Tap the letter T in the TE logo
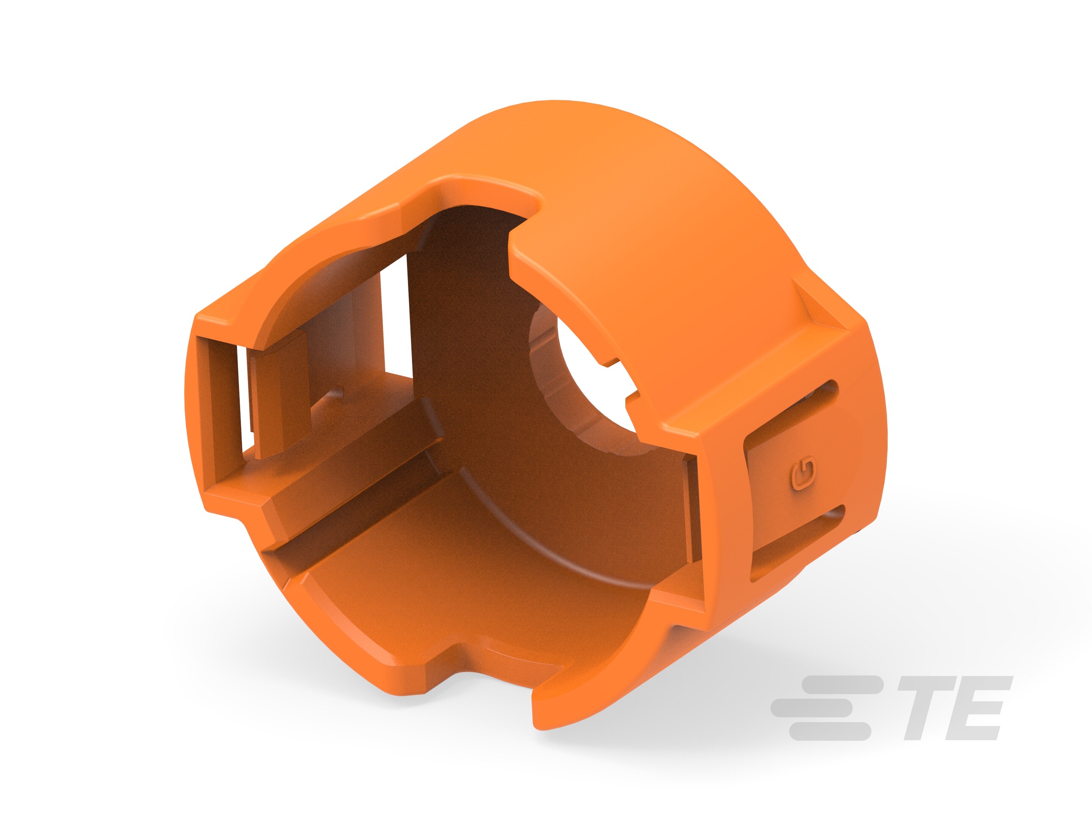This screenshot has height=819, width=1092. (x=922, y=708)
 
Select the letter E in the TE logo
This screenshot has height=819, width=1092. (x=975, y=708)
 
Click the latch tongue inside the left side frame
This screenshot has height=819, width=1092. (x=279, y=395)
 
